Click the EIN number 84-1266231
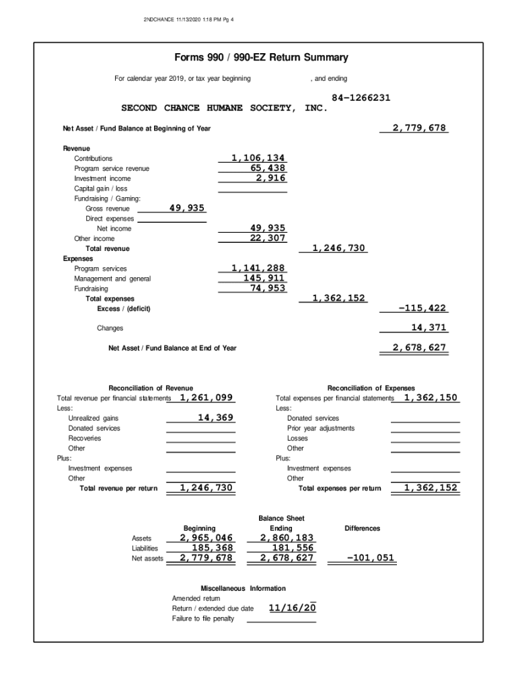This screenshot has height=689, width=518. [361, 98]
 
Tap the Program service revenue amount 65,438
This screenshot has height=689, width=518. [268, 168]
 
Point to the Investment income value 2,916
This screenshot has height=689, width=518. [271, 178]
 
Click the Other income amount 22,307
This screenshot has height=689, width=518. [268, 238]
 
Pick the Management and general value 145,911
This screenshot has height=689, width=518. [264, 278]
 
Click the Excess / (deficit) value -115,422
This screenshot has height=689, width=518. [422, 308]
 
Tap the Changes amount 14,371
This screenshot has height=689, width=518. [429, 328]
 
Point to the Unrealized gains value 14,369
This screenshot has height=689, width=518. [215, 418]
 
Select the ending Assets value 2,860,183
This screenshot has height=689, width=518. [287, 538]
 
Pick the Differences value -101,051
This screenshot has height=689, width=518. [370, 558]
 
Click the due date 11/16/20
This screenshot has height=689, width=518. [292, 608]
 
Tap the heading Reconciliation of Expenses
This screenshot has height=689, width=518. [371, 388]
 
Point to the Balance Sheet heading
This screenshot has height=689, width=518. [281, 518]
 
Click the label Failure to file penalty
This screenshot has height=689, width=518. [203, 618]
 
